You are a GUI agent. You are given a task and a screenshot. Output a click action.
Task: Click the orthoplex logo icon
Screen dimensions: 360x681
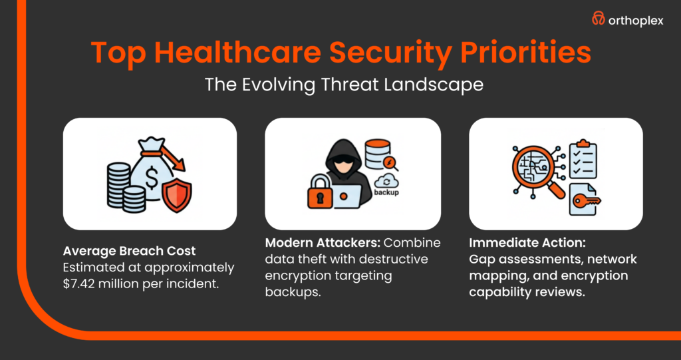(599, 20)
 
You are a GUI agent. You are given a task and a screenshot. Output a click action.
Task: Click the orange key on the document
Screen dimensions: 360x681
(588, 200)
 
